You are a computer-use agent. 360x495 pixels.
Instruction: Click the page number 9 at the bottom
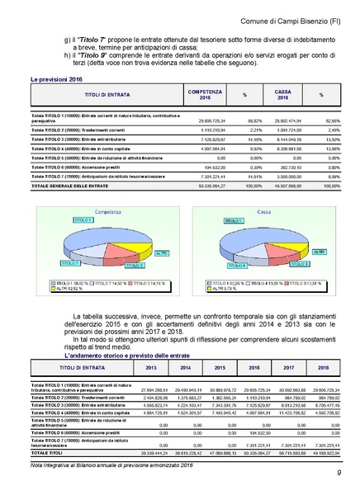339,472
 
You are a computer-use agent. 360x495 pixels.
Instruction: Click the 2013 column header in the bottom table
151,367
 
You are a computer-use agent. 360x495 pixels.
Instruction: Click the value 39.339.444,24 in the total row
151,453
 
